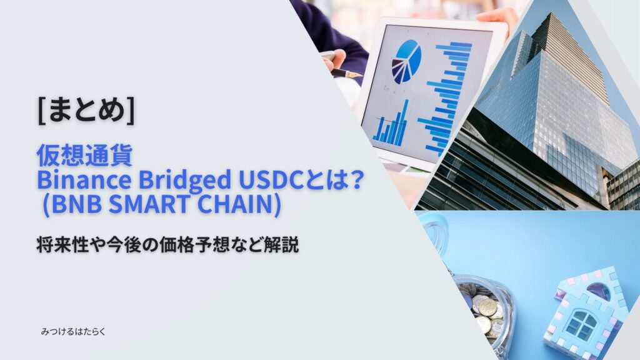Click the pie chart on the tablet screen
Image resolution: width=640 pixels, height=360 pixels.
(406, 61)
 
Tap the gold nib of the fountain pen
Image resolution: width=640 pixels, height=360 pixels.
(354, 74)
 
